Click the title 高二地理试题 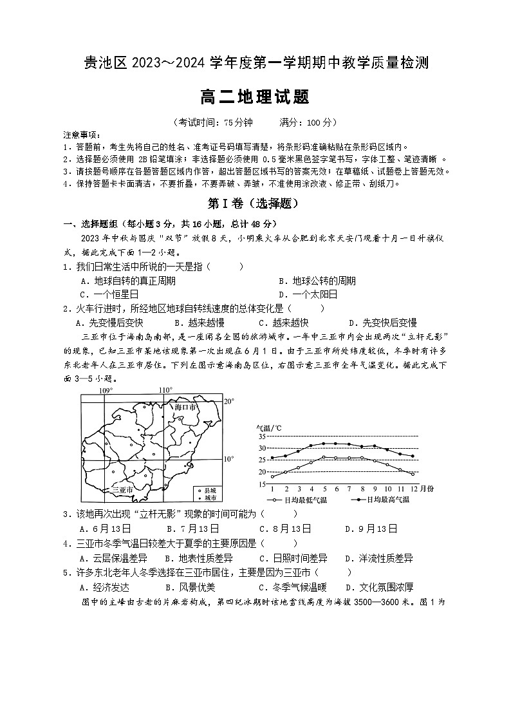(x=255, y=97)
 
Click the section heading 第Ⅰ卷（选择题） (x=255, y=204)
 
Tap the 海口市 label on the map (x=186, y=408)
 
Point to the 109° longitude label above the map (x=105, y=390)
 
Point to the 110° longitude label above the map (x=165, y=390)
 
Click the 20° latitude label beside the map (x=228, y=401)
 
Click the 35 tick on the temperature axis (x=262, y=437)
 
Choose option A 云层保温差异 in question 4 (x=113, y=558)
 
